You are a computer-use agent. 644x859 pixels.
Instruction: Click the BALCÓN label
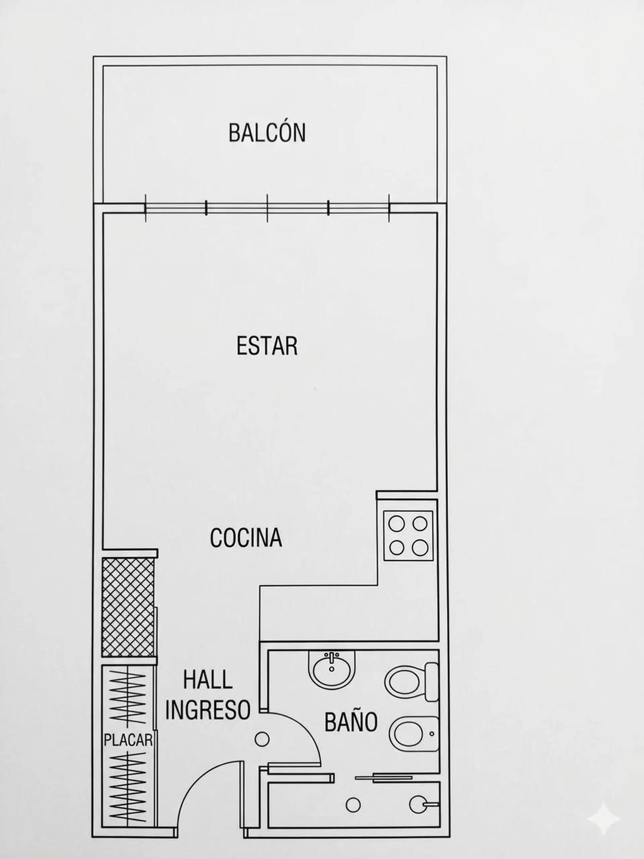(267, 132)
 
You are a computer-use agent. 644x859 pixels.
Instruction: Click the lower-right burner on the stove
(420, 548)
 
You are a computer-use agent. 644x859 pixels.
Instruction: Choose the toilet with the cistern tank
(412, 682)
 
